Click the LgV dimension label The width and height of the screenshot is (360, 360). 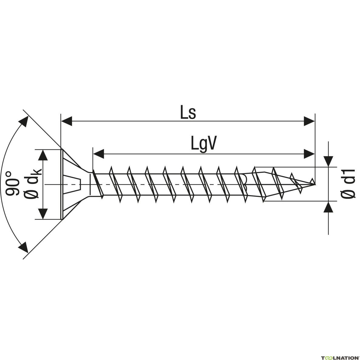pyautogui.click(x=203, y=144)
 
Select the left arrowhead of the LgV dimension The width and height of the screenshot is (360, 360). pyautogui.click(x=98, y=154)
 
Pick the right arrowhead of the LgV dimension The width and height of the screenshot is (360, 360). pyautogui.click(x=310, y=154)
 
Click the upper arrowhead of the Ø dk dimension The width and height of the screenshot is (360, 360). pyautogui.click(x=44, y=155)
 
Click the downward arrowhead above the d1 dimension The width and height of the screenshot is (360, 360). pyautogui.click(x=328, y=161)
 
